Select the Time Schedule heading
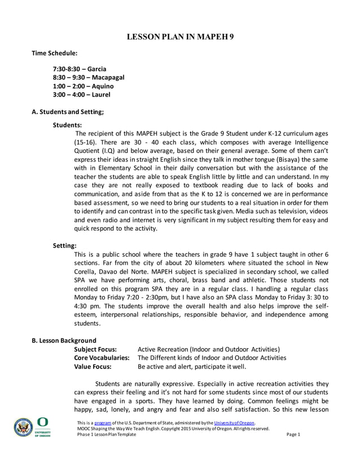click(x=54, y=53)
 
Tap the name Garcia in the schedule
click(x=97, y=69)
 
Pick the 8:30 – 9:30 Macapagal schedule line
click(x=88, y=78)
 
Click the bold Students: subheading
click(x=67, y=124)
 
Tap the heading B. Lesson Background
click(x=64, y=340)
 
